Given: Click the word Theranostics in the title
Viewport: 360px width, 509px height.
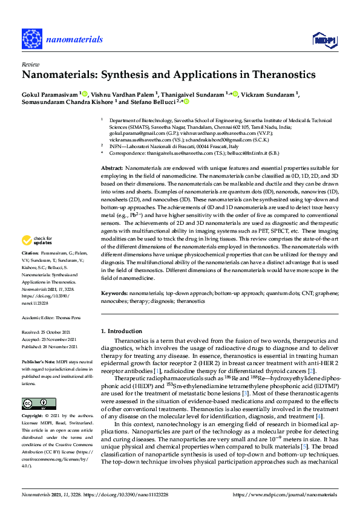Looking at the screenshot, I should click(x=281, y=76).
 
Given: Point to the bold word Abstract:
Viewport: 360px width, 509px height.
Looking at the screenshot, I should click(x=112, y=167).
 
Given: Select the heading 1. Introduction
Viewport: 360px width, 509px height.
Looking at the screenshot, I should click(x=123, y=331).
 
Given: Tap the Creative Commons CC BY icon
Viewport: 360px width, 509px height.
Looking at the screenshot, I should click(x=34, y=403).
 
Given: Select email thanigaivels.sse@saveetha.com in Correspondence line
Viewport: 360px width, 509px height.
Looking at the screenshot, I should click(x=186, y=154).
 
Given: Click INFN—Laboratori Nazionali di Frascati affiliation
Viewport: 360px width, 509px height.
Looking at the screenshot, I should click(x=169, y=147).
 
